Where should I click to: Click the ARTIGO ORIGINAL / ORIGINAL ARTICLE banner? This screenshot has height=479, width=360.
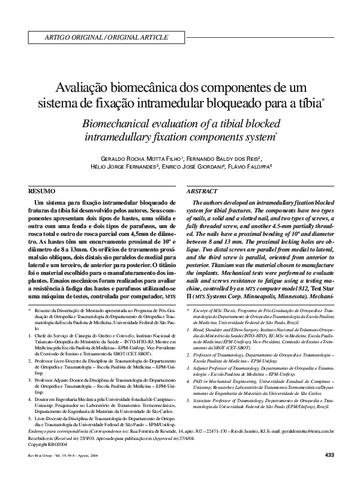click(103, 37)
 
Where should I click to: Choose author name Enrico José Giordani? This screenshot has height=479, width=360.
click(202, 167)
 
